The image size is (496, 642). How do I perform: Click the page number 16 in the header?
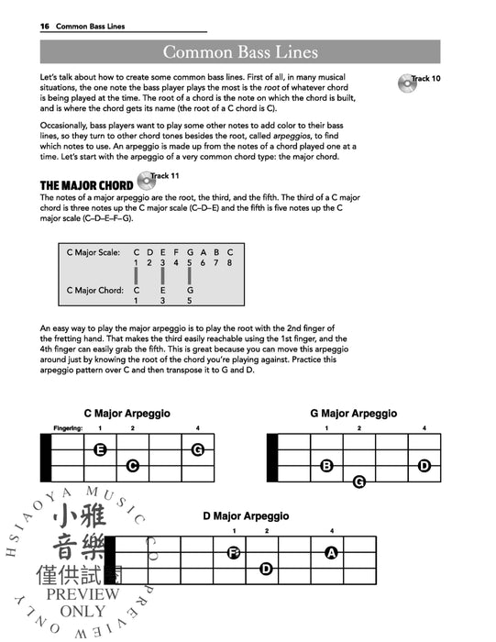[x=43, y=27]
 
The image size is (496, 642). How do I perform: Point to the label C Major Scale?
[x=94, y=251]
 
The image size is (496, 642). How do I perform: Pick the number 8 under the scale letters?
[x=229, y=262]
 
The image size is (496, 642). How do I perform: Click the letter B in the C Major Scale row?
[x=215, y=251]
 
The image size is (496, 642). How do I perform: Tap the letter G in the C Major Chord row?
[x=189, y=290]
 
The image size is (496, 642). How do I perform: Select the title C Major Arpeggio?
[x=127, y=414]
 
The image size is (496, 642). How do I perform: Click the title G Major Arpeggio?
[x=353, y=414]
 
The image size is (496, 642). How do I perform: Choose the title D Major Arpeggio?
[x=246, y=516]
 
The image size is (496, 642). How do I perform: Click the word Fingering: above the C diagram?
[x=68, y=428]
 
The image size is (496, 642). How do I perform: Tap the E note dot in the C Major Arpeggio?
[x=100, y=449]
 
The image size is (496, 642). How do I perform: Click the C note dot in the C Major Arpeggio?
[x=132, y=466]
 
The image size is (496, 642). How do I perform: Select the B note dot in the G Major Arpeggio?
[x=326, y=466]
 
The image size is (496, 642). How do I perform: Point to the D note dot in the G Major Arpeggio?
[x=424, y=466]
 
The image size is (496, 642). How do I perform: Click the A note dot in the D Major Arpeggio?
[x=331, y=552]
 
